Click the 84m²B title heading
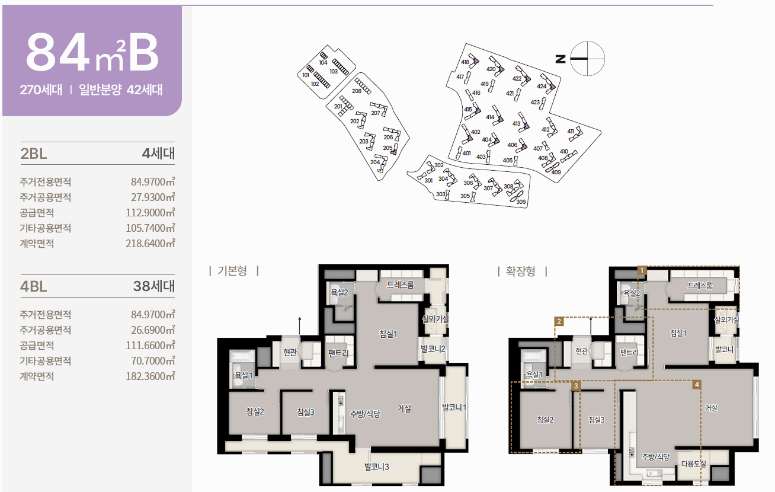pos(92,53)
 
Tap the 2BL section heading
pos(34,154)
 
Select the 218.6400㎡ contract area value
pos(150,244)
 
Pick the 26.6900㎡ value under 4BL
pos(153,330)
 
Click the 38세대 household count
pos(154,286)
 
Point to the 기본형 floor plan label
pos(232,271)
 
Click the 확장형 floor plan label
pos(521,271)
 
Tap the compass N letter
pos(561,59)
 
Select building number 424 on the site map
pos(542,86)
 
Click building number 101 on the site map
pos(306,75)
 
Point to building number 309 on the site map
pos(521,202)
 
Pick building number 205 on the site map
pos(387,148)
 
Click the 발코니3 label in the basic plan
pos(376,467)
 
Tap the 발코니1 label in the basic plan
pos(454,407)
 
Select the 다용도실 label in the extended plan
pos(693,464)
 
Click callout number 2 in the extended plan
pos(559,321)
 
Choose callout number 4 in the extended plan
pos(697,384)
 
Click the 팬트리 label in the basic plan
pos(338,353)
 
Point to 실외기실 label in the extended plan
pos(726,320)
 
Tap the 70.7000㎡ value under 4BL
pos(153,361)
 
